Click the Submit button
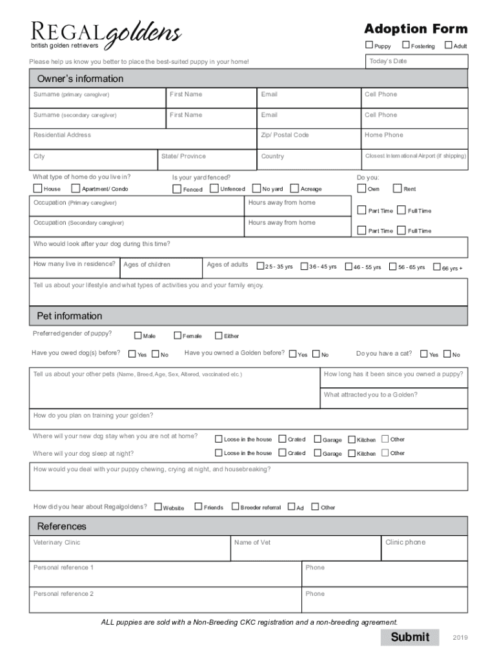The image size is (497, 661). coord(410,637)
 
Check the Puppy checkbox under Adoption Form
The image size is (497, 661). coord(369,45)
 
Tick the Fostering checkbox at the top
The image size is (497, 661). coord(406,45)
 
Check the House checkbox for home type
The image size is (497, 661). coord(37,188)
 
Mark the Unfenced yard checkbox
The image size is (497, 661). coord(214,188)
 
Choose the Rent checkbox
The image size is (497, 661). coord(397,188)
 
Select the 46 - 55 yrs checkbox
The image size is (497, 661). coord(349,266)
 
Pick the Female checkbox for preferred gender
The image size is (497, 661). coord(177,335)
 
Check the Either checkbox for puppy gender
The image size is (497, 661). coord(218,335)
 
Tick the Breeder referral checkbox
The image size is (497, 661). coord(235,507)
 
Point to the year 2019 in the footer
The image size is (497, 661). coord(460,638)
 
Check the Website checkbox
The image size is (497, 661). coord(158,507)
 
